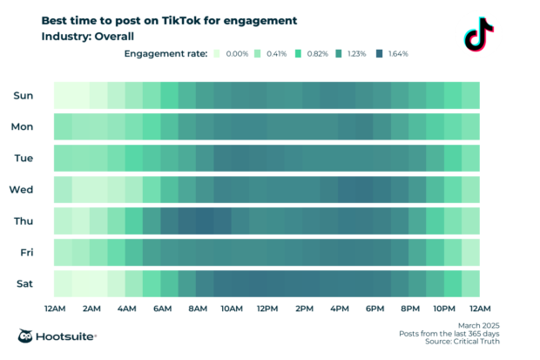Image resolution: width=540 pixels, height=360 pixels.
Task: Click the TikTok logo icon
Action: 478,34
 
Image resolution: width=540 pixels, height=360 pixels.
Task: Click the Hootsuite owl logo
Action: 27,336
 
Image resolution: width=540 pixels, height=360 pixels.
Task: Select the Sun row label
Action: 23,95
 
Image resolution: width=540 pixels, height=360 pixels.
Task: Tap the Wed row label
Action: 22,189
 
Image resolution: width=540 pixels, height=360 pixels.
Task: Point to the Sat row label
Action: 24,283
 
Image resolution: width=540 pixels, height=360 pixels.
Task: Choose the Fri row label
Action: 24,252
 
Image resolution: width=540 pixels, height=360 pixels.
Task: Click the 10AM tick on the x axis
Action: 231,309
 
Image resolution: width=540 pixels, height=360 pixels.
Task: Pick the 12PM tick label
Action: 267,309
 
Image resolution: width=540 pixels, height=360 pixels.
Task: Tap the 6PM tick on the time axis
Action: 375,309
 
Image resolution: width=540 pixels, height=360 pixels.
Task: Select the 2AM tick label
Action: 90,309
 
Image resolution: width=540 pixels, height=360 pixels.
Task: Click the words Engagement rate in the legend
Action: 165,54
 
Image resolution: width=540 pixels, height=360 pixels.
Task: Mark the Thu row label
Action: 23,221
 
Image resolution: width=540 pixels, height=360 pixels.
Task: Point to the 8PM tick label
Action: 410,309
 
